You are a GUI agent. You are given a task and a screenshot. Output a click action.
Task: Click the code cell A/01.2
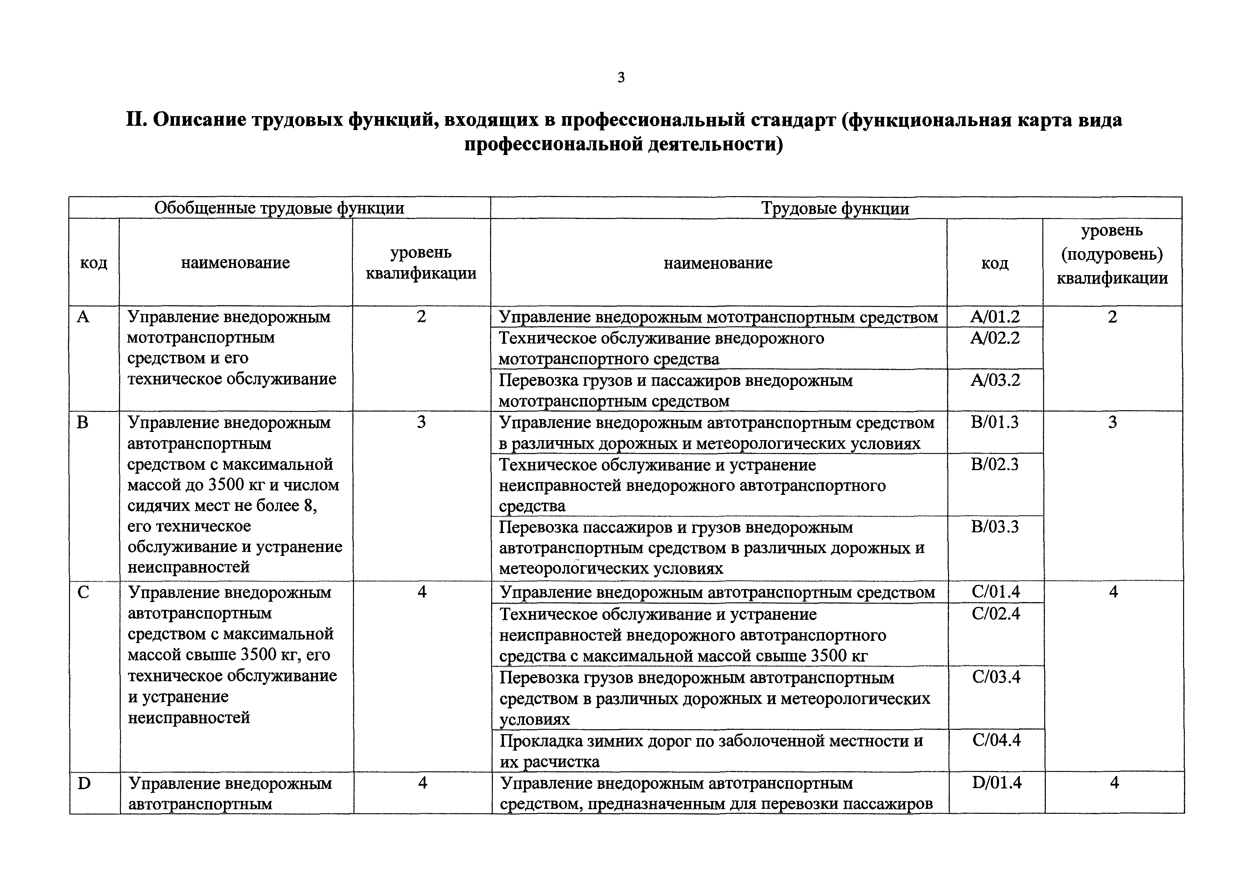click(x=995, y=317)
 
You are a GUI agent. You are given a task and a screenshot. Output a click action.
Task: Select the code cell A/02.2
click(x=995, y=338)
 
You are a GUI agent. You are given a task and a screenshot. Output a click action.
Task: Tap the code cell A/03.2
click(x=995, y=380)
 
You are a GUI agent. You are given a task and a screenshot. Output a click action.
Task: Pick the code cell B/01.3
click(x=995, y=422)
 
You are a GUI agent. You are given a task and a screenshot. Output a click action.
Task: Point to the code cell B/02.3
click(x=995, y=464)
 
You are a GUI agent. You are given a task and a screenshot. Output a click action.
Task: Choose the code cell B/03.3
click(x=995, y=527)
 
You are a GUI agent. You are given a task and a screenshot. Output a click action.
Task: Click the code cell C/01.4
click(x=996, y=592)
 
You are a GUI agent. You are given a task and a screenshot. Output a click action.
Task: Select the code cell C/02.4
click(x=996, y=614)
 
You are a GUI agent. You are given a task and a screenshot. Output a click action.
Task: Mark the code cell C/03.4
click(x=996, y=677)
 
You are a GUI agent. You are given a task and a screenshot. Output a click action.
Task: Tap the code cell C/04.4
click(x=996, y=740)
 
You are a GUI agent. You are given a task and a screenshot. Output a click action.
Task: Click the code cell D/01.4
click(x=997, y=783)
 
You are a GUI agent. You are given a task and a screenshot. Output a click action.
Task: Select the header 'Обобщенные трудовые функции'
click(x=279, y=208)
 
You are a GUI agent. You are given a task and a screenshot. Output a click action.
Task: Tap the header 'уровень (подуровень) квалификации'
click(x=1112, y=254)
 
